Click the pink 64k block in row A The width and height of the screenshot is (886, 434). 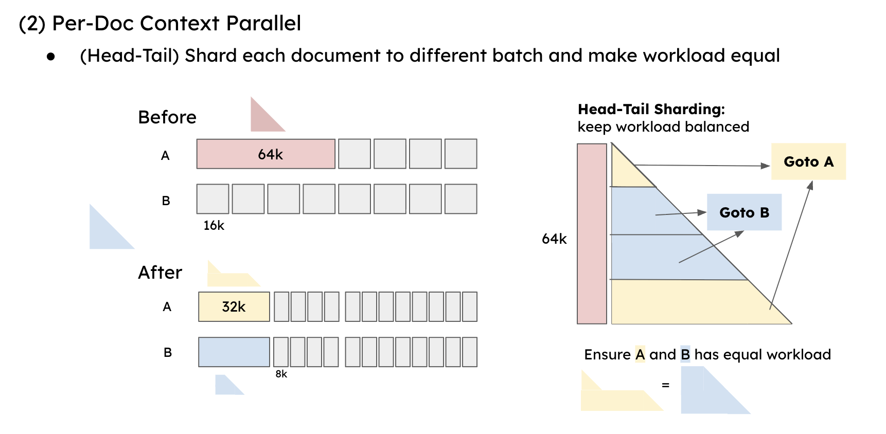(265, 154)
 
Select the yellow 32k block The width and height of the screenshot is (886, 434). (234, 307)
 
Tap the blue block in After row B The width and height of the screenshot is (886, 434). (234, 352)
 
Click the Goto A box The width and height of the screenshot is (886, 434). (808, 161)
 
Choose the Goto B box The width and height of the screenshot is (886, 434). (744, 212)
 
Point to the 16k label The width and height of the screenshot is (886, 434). (214, 226)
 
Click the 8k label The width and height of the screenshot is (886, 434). (281, 374)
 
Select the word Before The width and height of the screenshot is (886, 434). (167, 117)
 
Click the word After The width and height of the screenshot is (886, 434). (160, 273)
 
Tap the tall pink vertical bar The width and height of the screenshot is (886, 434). (592, 234)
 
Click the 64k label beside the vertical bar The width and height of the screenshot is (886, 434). (554, 239)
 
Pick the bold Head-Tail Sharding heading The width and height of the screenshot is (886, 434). (651, 109)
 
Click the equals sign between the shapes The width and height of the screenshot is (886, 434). (665, 385)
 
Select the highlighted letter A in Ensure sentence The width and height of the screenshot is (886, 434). (640, 354)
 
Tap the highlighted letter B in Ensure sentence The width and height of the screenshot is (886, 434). (685, 354)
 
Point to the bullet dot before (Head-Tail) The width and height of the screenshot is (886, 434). (50, 57)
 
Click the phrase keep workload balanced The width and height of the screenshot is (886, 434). (663, 126)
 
